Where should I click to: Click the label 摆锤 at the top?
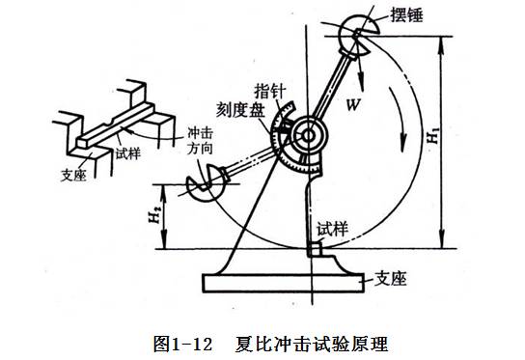click(406, 15)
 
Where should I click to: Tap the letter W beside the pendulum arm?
click(353, 105)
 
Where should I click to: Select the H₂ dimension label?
click(153, 214)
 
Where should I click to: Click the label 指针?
click(270, 91)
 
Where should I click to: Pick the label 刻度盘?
click(240, 109)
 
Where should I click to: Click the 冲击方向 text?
click(200, 141)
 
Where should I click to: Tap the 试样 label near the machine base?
click(333, 229)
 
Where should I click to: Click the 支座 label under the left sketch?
click(73, 175)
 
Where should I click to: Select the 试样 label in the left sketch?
click(128, 153)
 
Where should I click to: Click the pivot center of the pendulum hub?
click(308, 136)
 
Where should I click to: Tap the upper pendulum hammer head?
click(359, 34)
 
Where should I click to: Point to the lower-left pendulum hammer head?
click(205, 183)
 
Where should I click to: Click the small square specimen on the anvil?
click(316, 249)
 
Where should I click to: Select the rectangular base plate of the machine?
click(284, 283)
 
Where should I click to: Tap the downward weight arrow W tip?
click(362, 90)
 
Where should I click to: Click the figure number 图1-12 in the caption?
click(182, 344)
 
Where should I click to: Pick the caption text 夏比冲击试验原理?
click(312, 344)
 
